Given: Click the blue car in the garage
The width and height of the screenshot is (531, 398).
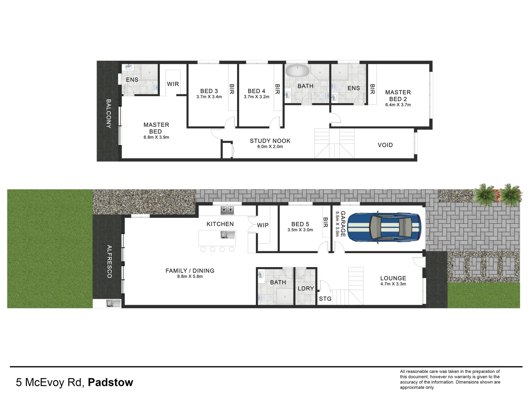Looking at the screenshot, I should coord(384,228).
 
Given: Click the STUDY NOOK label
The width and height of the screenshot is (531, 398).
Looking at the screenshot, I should coord(270,141).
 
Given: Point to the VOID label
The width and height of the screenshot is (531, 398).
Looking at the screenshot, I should coord(385,145).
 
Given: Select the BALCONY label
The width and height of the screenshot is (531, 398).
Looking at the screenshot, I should coord(109,114).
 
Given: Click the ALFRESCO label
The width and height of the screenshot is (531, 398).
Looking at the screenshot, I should coord(109,261).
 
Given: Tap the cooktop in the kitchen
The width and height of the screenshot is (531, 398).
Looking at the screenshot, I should coord(227,210).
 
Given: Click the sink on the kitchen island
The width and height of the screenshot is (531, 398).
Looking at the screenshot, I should coord(225,235).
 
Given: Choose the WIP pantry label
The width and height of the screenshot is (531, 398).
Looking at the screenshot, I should coord(263,225).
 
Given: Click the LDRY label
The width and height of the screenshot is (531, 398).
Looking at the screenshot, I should coord(306,289).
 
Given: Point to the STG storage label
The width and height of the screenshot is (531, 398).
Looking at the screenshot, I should coord(325,299).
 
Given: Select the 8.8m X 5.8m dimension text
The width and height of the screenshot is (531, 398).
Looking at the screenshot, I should coord(190,276).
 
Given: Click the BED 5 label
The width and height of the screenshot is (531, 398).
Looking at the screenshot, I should coord(300,224).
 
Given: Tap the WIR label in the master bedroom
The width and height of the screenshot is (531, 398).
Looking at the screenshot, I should coord(173,84).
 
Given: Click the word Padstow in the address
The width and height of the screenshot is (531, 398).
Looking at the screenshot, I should coord(110,383).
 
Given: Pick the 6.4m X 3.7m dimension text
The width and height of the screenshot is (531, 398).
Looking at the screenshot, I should coord(398,105).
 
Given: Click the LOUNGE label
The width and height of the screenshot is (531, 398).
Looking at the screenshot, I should coord(393,278).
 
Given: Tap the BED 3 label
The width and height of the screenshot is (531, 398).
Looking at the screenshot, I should coord(209,91).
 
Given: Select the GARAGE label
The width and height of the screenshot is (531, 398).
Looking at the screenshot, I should coord(343,224).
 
